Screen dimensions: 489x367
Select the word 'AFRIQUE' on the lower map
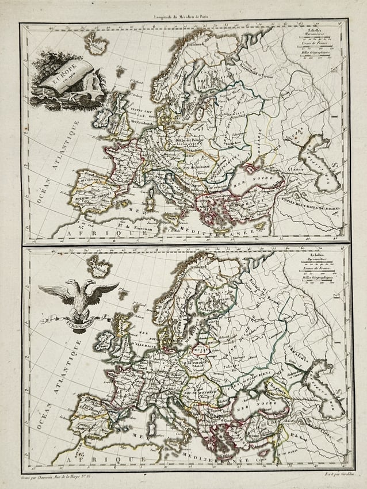pos(92,460)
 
